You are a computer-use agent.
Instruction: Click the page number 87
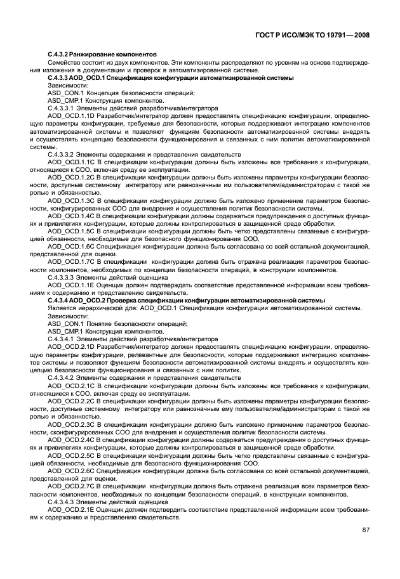point(366,530)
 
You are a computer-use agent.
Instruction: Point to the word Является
point(62,308)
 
